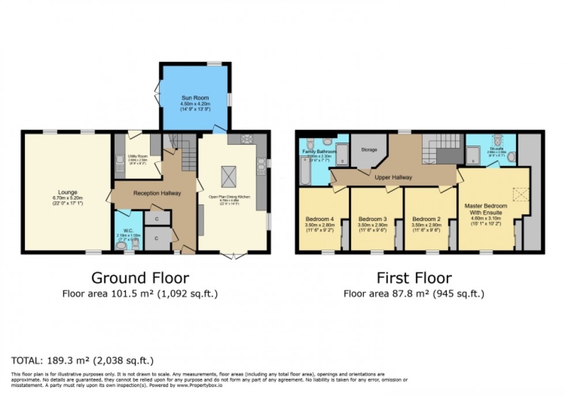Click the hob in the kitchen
(247, 139)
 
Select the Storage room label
(368, 150)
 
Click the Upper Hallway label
(393, 177)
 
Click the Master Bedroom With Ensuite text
(486, 210)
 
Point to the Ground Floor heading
(140, 278)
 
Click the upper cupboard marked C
(157, 218)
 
